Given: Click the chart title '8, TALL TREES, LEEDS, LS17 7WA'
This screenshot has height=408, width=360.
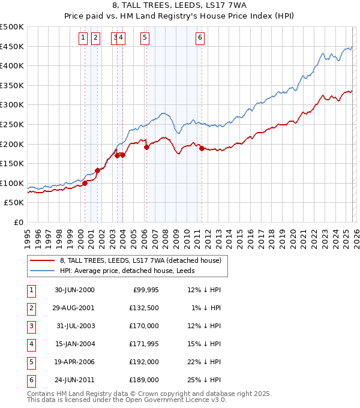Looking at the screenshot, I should point(180,6).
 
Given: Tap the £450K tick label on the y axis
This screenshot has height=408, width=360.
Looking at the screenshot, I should point(12,46).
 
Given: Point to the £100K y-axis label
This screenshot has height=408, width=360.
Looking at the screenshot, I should point(12,183).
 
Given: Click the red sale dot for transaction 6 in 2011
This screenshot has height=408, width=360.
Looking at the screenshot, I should point(202,148).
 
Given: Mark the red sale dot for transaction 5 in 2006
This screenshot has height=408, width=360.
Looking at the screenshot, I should point(146,147).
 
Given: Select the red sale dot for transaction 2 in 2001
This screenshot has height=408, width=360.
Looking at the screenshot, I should point(97,170).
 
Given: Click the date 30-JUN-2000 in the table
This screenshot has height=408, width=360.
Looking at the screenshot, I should point(74,290).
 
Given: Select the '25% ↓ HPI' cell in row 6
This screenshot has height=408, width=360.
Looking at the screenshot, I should point(204,380).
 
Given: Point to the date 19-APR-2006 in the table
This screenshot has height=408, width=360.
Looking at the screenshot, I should point(74,362).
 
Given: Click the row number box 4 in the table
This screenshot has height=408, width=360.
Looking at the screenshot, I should point(31,344).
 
